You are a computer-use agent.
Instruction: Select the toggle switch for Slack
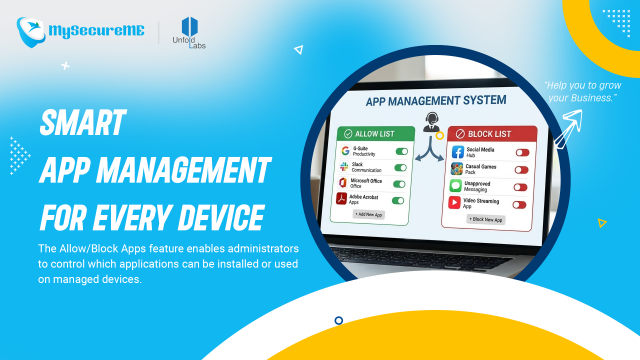(x=400, y=168)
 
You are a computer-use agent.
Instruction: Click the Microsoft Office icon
(x=345, y=183)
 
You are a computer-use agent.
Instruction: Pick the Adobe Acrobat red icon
(x=345, y=200)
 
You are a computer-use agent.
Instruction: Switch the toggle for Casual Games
(x=520, y=169)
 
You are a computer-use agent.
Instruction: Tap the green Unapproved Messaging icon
(x=456, y=186)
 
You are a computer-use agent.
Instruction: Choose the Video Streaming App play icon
(x=456, y=203)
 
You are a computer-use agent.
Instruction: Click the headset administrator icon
(x=432, y=122)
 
